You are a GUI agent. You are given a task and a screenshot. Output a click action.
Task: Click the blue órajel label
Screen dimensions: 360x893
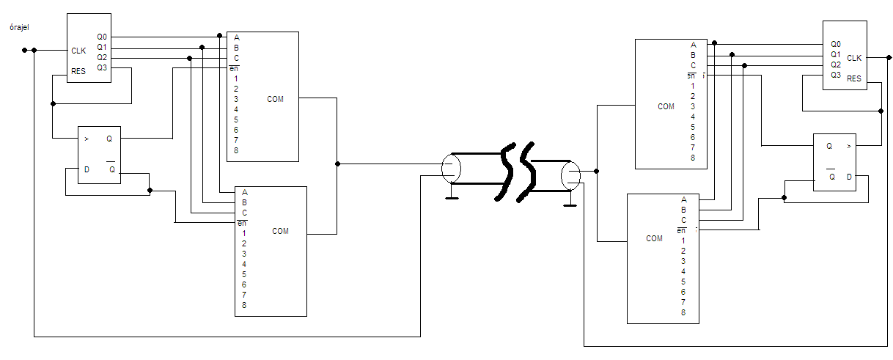pyautogui.click(x=18, y=28)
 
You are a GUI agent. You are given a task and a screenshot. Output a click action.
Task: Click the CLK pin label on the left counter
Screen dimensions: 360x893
pyautogui.click(x=78, y=51)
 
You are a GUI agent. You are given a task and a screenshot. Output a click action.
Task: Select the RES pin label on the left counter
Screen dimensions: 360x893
pyautogui.click(x=78, y=72)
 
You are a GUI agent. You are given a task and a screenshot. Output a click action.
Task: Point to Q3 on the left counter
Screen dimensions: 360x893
pyautogui.click(x=102, y=67)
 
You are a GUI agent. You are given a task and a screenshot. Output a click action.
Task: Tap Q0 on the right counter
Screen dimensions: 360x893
pyautogui.click(x=836, y=44)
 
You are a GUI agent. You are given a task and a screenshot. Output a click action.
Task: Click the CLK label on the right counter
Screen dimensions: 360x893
pyautogui.click(x=854, y=58)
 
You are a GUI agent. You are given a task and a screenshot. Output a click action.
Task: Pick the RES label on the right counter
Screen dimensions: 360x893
pyautogui.click(x=854, y=78)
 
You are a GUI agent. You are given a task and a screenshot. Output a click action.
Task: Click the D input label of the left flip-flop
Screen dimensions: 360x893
pyautogui.click(x=87, y=170)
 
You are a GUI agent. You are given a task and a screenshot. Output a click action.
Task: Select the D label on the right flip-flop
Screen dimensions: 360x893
pyautogui.click(x=850, y=177)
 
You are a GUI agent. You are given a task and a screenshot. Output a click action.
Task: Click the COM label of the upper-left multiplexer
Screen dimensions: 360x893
pyautogui.click(x=275, y=99)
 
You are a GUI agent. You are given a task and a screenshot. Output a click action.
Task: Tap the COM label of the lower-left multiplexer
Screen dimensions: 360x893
pyautogui.click(x=280, y=231)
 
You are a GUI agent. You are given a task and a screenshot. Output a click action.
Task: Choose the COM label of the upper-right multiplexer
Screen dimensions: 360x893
pyautogui.click(x=666, y=106)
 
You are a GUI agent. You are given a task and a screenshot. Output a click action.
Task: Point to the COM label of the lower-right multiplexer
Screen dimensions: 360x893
pyautogui.click(x=654, y=238)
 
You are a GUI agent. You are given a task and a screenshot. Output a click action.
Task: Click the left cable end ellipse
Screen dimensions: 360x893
pyautogui.click(x=451, y=169)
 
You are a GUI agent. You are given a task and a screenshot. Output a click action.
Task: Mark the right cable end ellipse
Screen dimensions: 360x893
pyautogui.click(x=570, y=175)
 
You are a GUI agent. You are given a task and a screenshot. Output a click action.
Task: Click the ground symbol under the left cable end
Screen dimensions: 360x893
pyautogui.click(x=452, y=195)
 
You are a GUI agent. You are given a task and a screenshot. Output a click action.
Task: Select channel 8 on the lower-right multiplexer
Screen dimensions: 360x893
pyautogui.click(x=683, y=312)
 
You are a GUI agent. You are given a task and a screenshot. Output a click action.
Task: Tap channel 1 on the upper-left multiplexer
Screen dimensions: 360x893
pyautogui.click(x=236, y=78)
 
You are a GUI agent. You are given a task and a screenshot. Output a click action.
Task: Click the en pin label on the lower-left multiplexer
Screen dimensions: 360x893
pyautogui.click(x=241, y=223)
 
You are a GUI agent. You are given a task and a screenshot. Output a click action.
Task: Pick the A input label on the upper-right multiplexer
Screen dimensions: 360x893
pyautogui.click(x=693, y=44)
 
